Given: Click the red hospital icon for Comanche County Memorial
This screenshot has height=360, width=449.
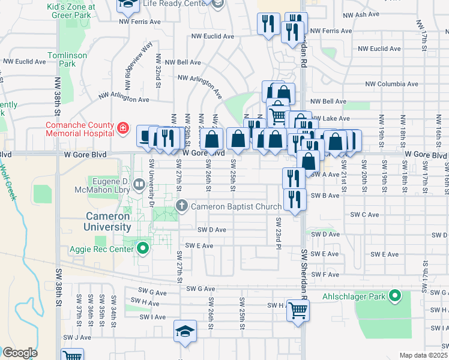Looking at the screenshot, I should tap(123, 128).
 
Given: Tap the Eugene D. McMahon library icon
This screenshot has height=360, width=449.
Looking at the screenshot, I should tap(139, 183).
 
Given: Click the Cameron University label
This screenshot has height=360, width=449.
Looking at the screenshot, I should tap(108, 221).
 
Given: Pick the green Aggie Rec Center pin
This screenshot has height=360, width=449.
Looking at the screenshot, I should tap(143, 247).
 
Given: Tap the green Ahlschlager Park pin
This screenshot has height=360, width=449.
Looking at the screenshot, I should tap(394, 295).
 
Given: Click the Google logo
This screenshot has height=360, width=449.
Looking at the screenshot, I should tap(19, 353).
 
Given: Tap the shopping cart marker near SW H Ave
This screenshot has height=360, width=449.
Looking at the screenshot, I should tap(298, 311).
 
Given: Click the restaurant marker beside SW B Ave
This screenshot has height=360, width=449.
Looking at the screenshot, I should tap(293, 200).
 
